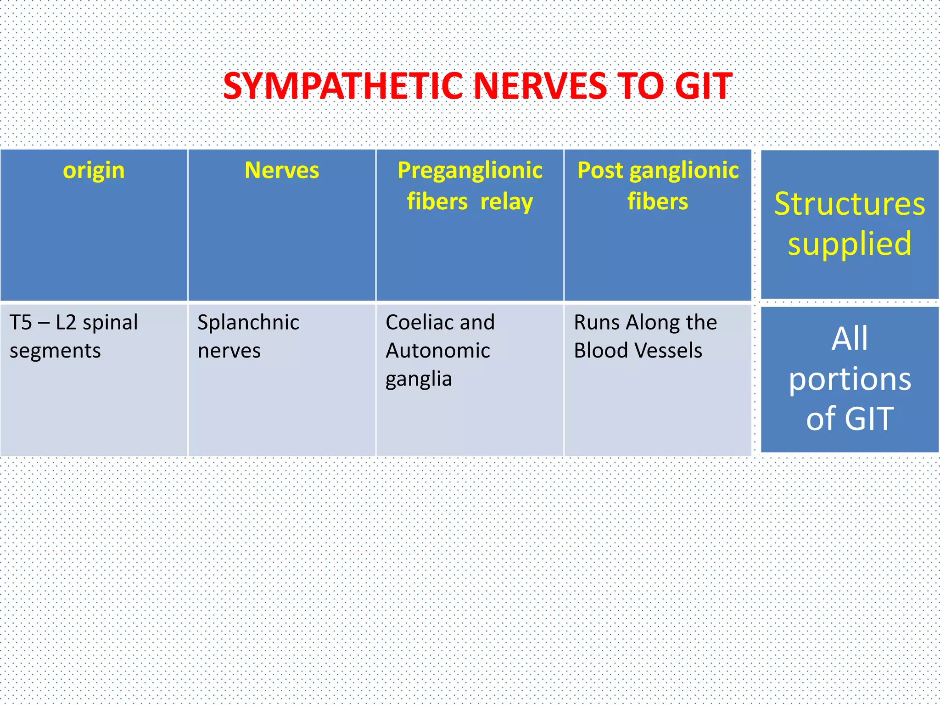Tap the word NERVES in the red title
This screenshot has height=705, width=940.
pos(540,86)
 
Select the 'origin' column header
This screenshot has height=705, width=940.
pos(94,171)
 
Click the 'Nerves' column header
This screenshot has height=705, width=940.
pos(282,171)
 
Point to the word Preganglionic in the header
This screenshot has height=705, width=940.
pos(470,171)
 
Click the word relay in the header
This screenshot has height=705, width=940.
pos(507,202)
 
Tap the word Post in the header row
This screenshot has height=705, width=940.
pos(600,171)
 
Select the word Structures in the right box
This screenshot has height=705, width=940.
pos(850,204)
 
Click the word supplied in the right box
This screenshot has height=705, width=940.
pos(850,244)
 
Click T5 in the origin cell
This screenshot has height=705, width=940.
pos(21,323)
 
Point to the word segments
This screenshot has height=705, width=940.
pos(55,351)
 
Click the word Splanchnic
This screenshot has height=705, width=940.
pos(248,323)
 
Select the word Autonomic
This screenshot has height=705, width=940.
pos(438,351)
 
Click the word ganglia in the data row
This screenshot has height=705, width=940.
pos(419,380)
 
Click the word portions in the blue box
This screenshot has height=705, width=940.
pos(850,380)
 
